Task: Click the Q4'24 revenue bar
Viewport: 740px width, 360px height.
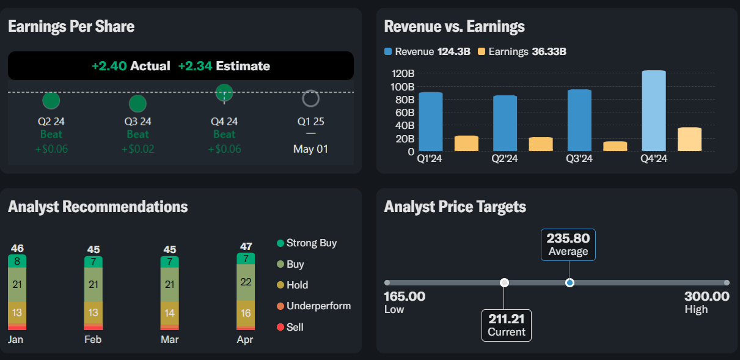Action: pos(654,111)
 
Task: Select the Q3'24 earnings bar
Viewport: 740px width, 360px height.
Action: pos(615,146)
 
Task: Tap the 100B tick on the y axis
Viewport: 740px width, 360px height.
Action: pos(402,87)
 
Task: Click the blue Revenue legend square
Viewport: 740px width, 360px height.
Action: pos(388,51)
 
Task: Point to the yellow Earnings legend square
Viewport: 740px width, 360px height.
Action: pos(482,51)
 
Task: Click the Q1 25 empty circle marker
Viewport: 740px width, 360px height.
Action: pos(311,98)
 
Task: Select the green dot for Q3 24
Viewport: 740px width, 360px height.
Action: pos(137,104)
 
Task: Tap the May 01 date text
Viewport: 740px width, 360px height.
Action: pos(310,149)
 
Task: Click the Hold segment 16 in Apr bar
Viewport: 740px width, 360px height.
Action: pos(246,313)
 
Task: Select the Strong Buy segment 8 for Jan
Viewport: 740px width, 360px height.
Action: pos(17,261)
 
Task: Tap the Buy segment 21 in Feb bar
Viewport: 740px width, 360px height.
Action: pos(93,284)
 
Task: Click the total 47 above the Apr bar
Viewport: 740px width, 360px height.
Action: pos(246,246)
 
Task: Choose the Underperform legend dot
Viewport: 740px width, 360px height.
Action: pos(280,306)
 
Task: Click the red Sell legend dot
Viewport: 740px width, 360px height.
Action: pos(280,327)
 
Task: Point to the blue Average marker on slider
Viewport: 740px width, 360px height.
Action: pos(570,282)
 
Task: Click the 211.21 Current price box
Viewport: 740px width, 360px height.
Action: pos(507,325)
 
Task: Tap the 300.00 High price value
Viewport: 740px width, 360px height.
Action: pos(706,296)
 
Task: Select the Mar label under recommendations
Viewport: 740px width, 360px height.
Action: pos(170,339)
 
